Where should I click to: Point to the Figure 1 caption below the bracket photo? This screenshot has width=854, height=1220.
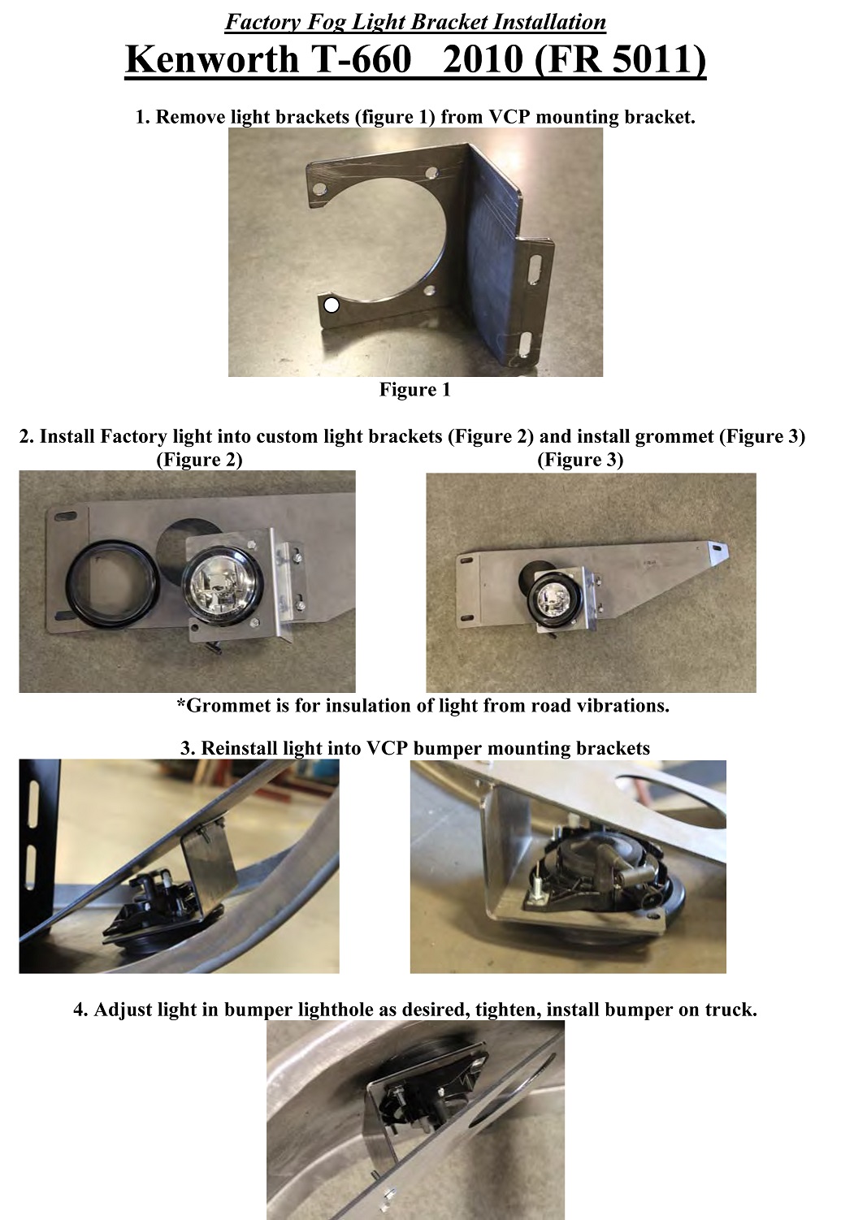(x=415, y=389)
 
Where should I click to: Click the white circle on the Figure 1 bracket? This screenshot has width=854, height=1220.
(x=332, y=305)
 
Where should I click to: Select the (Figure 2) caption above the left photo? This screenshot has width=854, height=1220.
(x=199, y=460)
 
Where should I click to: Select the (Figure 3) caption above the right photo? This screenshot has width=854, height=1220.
(x=580, y=460)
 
